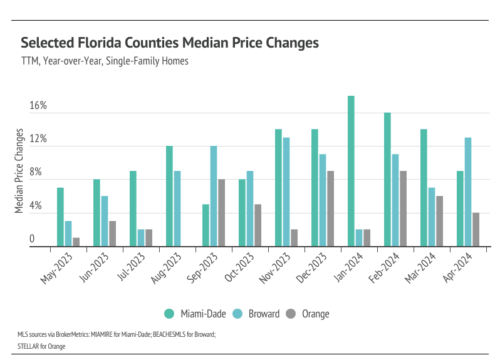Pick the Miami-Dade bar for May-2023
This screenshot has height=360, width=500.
[x=61, y=217]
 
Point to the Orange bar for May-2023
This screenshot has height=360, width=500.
[x=76, y=242]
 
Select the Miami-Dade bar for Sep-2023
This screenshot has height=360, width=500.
[x=206, y=225]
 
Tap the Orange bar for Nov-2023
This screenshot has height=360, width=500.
[x=294, y=237]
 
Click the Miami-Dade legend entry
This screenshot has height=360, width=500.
[x=189, y=314]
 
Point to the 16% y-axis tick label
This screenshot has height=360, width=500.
[x=38, y=106]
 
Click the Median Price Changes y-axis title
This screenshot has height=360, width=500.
[x=19, y=171]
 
